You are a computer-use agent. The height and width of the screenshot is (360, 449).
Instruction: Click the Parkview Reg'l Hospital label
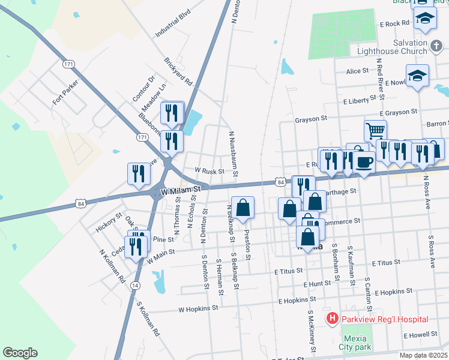[x=385, y=319]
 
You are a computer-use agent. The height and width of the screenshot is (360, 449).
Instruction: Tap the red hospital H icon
[x=331, y=319]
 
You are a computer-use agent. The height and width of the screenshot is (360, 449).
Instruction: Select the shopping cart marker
[x=375, y=129]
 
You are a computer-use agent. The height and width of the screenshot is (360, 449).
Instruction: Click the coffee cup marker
[x=364, y=160]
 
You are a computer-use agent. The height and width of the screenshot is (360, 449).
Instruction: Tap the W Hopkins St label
[x=197, y=308]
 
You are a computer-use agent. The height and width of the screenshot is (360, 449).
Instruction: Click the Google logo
[x=20, y=353]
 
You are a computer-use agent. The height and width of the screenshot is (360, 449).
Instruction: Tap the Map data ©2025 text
[x=423, y=355]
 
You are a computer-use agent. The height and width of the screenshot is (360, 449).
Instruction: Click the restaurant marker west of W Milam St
[x=138, y=173]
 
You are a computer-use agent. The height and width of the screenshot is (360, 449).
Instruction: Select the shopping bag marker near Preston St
[x=243, y=208]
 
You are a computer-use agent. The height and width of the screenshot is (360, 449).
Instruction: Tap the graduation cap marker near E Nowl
[x=417, y=76]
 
